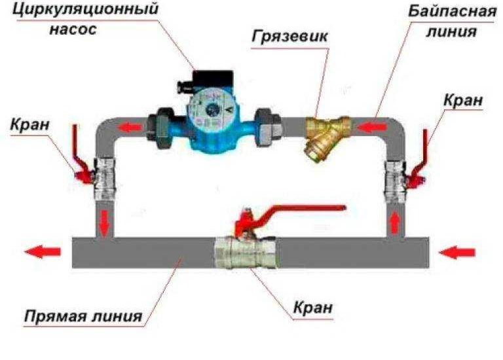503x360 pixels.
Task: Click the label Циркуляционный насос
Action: click(x=85, y=18)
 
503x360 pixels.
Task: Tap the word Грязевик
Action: click(x=289, y=37)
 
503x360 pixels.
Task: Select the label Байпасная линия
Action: click(x=452, y=21)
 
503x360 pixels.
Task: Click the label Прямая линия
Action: click(x=83, y=316)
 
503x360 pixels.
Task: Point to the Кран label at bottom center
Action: click(x=313, y=308)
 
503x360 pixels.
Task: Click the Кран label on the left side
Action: click(x=30, y=124)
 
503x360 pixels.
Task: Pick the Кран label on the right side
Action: click(x=463, y=100)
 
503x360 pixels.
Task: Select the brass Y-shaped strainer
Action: click(x=326, y=136)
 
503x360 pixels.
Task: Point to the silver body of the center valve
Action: click(x=245, y=252)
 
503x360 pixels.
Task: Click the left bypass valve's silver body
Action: click(x=105, y=179)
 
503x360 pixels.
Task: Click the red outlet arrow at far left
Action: click(x=43, y=252)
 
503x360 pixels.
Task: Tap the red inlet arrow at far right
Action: click(x=457, y=253)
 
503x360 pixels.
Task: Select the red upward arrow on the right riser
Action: click(x=394, y=224)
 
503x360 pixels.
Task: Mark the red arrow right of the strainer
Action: click(x=371, y=128)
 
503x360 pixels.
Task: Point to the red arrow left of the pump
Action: click(x=130, y=128)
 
